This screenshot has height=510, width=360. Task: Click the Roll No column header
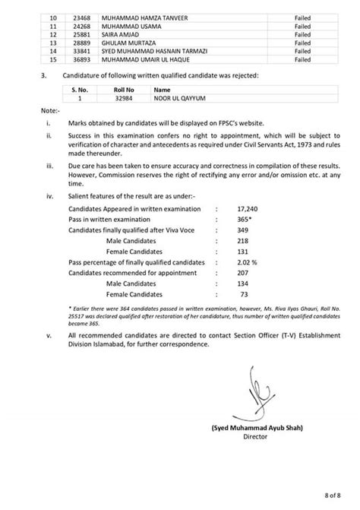[x=114, y=88]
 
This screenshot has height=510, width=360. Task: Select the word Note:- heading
[x=49, y=111]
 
